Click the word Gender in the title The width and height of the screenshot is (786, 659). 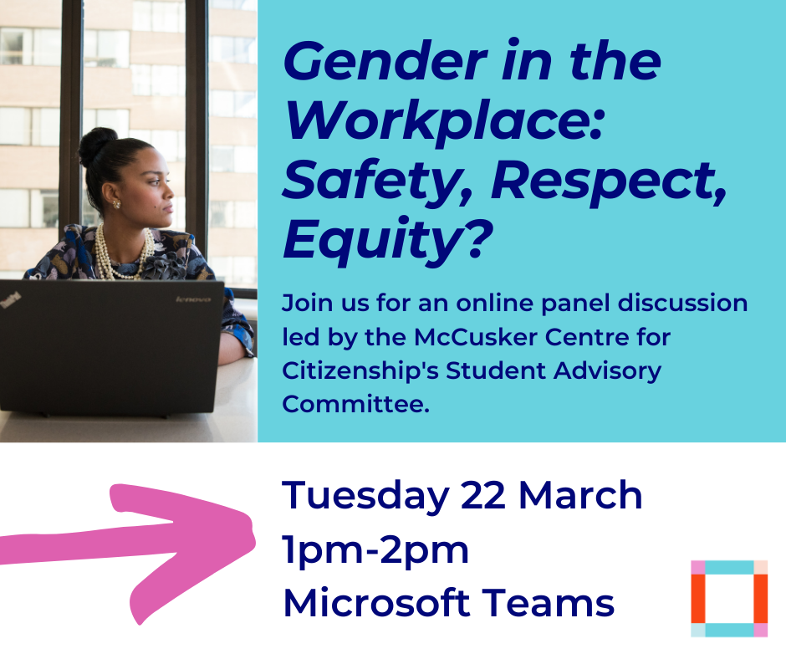pos(385,61)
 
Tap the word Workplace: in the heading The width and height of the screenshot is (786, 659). pos(444,122)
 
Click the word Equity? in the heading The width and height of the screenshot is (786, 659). pos(387,241)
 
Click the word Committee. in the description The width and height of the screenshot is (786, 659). pos(356,404)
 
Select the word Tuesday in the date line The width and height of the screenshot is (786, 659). pos(365,496)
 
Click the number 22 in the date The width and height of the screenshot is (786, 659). pos(482,495)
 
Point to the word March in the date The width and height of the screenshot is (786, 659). pos(580,495)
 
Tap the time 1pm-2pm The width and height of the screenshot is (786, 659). pos(375,551)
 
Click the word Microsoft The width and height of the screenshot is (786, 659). pos(376,602)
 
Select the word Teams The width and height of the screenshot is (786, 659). pos(548,603)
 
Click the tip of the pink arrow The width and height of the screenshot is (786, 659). pos(254,542)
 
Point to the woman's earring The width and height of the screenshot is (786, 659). pos(116,203)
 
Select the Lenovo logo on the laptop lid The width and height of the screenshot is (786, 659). pos(193,299)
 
